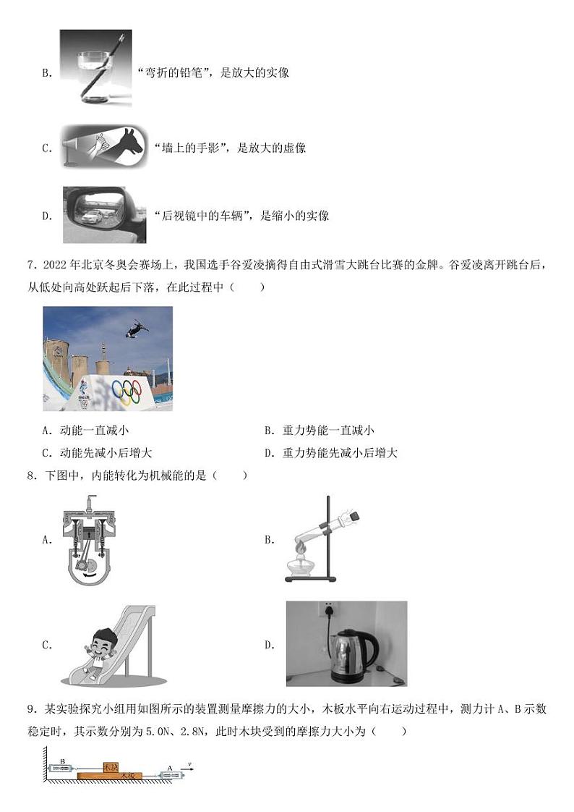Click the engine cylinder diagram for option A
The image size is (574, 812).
[90, 539]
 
